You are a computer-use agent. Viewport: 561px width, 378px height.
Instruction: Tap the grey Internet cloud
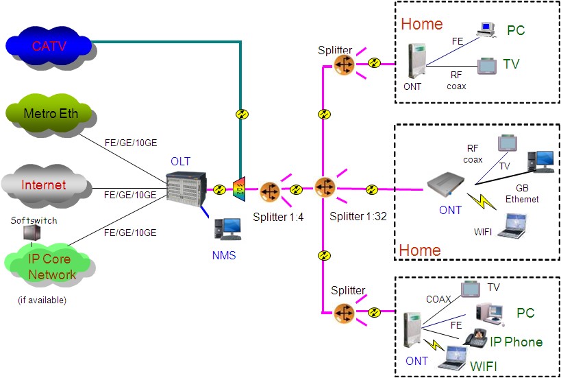(x=44, y=185)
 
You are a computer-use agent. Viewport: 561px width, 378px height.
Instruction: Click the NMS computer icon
(x=227, y=229)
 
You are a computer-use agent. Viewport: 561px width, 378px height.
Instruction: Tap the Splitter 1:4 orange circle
(x=270, y=190)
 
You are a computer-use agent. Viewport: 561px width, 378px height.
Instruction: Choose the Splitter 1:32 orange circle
(x=325, y=187)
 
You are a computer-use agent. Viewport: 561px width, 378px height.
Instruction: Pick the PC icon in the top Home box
(x=486, y=29)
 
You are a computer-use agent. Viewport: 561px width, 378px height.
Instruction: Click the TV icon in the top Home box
(x=487, y=66)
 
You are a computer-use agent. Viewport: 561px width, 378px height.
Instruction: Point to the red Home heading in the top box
(x=421, y=24)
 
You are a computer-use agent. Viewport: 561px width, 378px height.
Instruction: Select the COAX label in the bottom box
(x=438, y=299)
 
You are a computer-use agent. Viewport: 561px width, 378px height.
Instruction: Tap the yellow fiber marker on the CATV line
(x=240, y=114)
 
